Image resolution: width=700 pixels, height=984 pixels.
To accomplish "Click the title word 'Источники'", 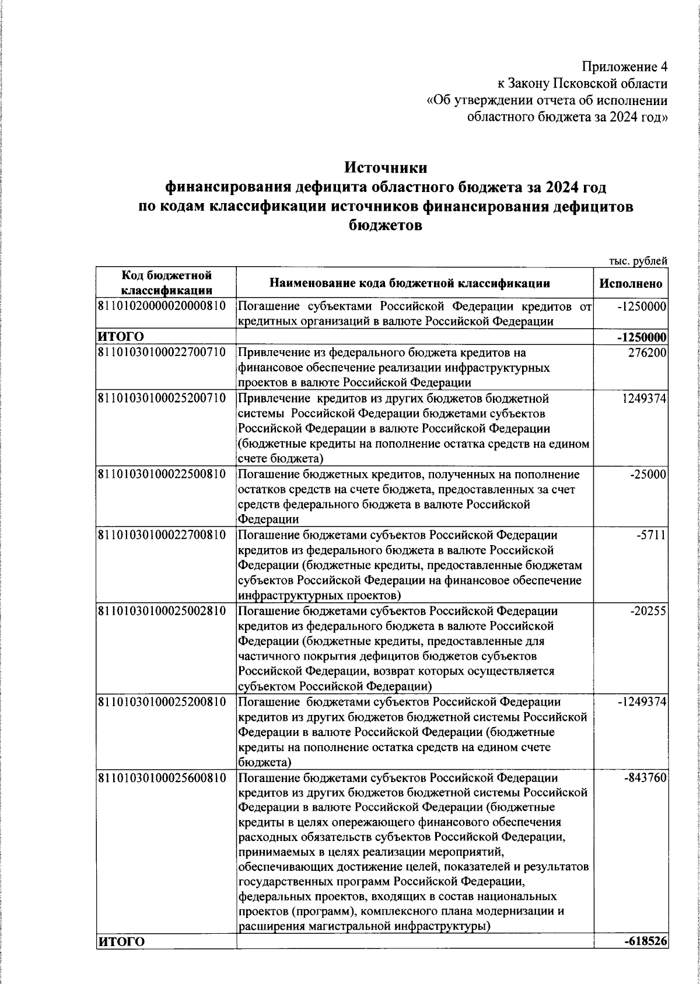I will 386,168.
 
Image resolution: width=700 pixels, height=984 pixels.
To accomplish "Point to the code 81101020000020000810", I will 162,305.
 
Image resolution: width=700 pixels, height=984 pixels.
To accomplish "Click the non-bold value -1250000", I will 642,306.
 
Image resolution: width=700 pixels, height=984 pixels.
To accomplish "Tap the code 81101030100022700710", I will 162,353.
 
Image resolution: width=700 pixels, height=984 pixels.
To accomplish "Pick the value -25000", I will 648,475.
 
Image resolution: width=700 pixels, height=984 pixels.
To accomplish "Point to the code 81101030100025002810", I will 162,611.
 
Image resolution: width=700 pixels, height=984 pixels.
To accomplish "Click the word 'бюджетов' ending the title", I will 386,226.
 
